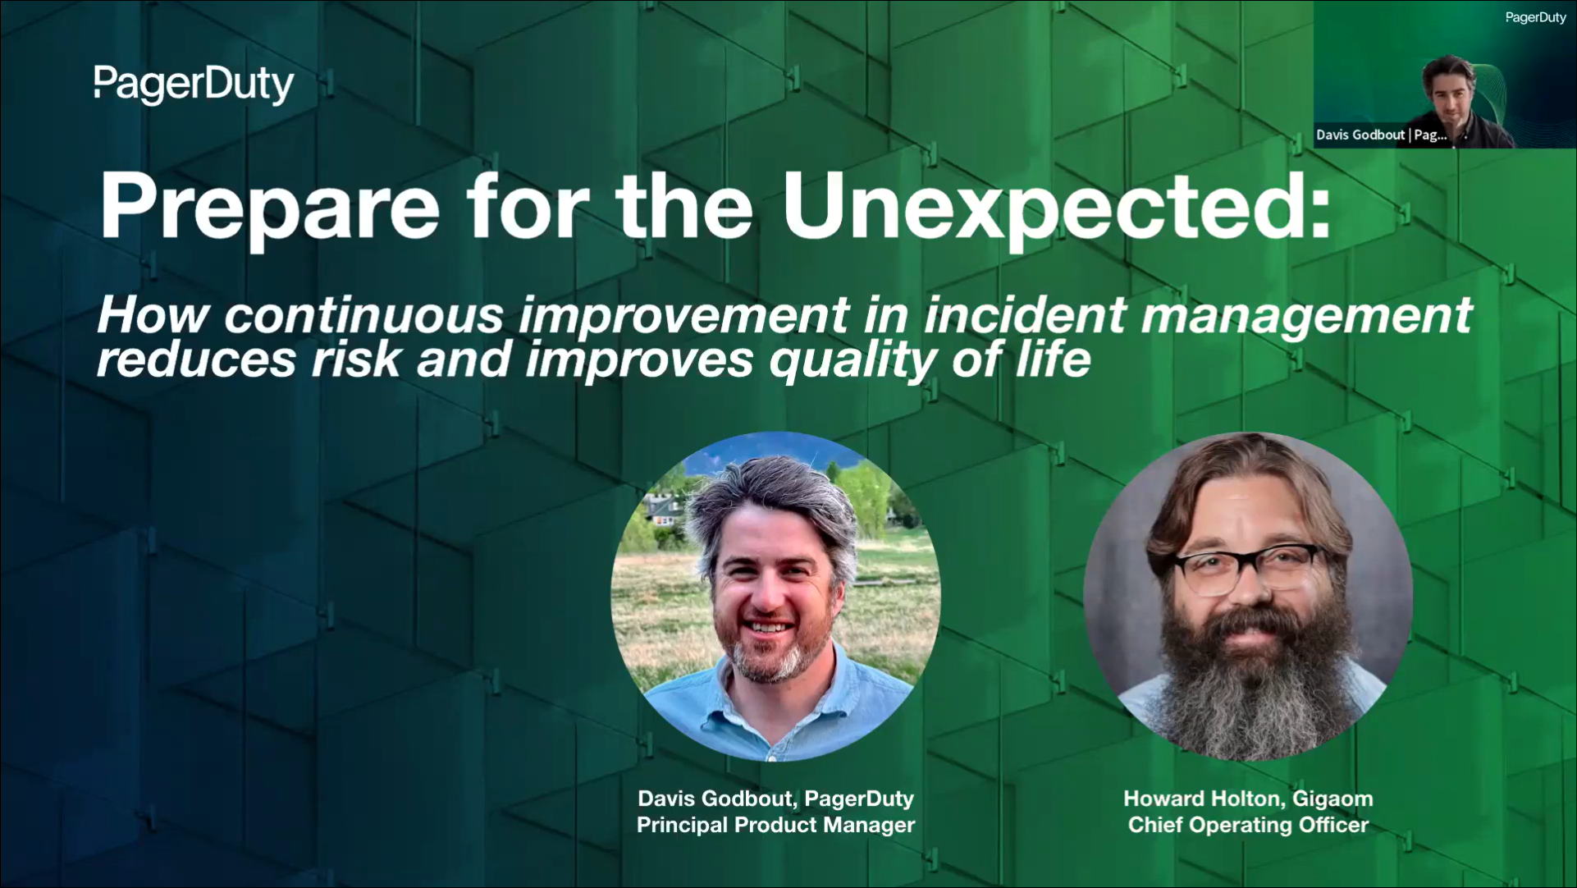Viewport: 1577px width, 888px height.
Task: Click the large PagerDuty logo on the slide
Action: click(x=194, y=85)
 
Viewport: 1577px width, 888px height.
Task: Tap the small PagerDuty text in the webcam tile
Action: click(x=1535, y=17)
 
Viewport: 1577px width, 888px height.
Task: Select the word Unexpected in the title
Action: click(x=1056, y=206)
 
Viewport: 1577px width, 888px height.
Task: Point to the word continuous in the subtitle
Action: click(x=363, y=315)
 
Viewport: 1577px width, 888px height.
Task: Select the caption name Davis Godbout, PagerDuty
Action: click(x=775, y=799)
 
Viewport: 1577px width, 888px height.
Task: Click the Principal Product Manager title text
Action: click(x=775, y=825)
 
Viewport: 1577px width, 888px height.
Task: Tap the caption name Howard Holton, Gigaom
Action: click(x=1248, y=799)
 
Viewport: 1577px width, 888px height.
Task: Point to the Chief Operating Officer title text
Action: click(x=1248, y=825)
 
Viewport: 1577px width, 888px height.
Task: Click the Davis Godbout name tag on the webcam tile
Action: click(x=1382, y=135)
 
